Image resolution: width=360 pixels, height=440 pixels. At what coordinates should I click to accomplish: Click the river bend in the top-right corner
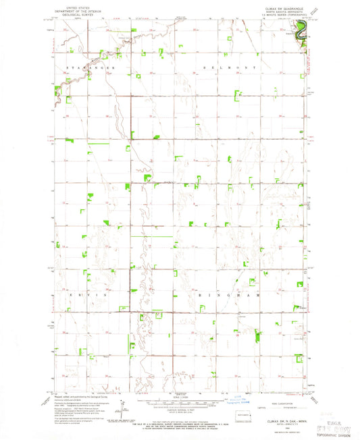(x=302, y=28)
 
